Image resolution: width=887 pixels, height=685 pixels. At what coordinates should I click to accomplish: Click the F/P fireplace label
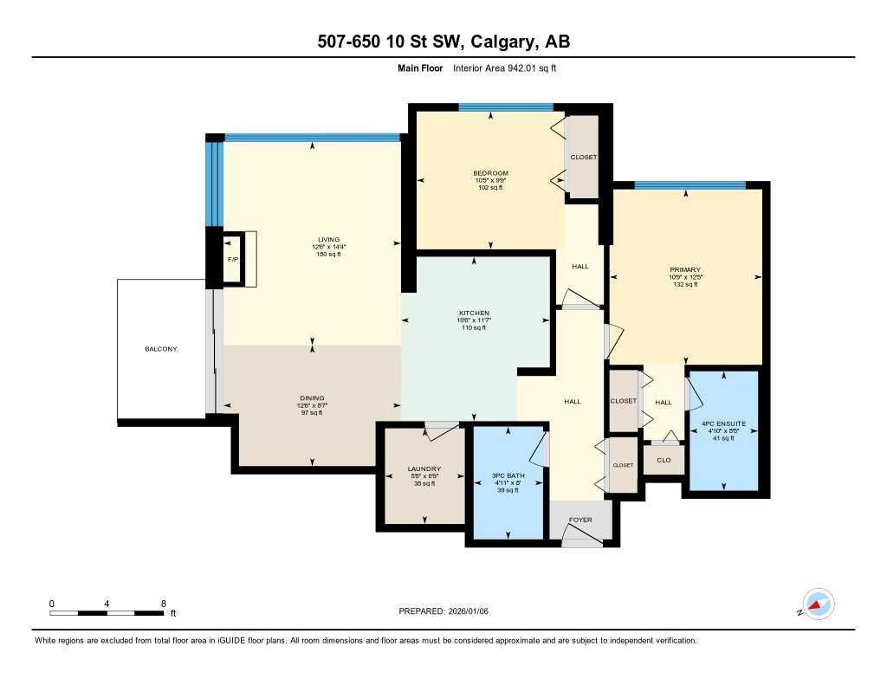coord(232,259)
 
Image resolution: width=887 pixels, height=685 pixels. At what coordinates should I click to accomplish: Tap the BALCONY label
coord(161,349)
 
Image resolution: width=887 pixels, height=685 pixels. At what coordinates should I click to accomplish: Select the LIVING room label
coord(328,240)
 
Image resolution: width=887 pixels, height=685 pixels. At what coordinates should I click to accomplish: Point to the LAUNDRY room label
coord(424,469)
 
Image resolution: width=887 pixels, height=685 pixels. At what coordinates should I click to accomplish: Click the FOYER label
coord(580,520)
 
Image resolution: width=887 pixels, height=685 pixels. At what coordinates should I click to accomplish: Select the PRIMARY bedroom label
coord(684,270)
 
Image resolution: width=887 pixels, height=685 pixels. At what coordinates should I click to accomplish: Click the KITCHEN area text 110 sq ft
coord(474,328)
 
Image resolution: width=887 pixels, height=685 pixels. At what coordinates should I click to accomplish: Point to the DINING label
coord(313,398)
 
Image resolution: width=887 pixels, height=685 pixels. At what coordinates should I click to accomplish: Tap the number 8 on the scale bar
coord(163,603)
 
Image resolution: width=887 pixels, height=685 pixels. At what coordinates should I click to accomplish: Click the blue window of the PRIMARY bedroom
coord(690,185)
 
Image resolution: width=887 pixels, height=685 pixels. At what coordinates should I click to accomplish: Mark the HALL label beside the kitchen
coord(580,267)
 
